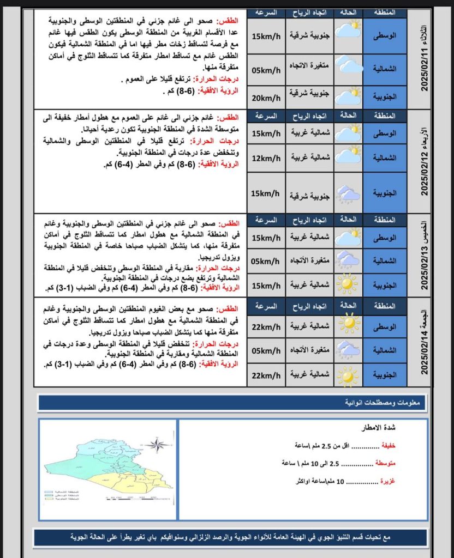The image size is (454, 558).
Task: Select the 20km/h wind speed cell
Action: tap(266, 98)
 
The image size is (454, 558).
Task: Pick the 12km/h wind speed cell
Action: tap(266, 158)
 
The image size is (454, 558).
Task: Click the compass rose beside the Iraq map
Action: tap(158, 445)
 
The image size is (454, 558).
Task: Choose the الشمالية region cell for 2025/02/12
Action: tap(385, 158)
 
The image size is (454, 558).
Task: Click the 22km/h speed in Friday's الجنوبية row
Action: tap(266, 375)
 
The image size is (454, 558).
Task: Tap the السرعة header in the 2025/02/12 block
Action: tap(267, 116)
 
